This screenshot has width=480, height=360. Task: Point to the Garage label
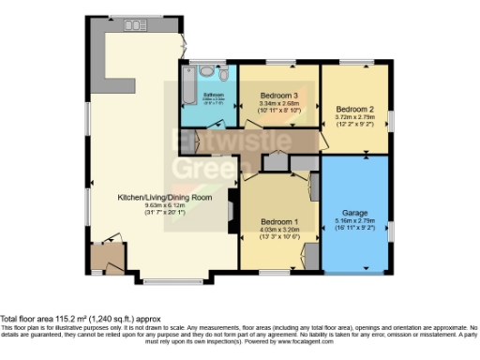355,212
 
